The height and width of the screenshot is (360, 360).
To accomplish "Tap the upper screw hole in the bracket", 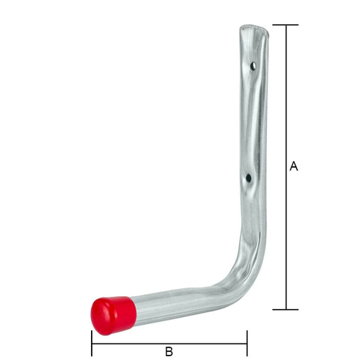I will click(253, 66).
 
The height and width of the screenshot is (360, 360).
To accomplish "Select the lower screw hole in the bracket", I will click(248, 178).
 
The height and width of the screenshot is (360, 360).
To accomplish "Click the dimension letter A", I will click(294, 166).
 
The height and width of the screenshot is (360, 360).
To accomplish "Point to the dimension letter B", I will click(169, 352).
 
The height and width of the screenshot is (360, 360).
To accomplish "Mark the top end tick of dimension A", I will click(285, 25).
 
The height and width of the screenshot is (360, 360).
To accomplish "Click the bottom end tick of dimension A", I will click(285, 310).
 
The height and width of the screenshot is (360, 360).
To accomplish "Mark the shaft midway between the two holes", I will click(253, 123).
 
